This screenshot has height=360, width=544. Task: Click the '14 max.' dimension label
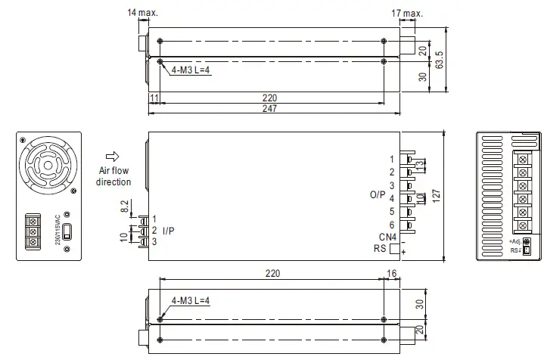pos(143,13)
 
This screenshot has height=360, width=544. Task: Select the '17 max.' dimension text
pos(406,13)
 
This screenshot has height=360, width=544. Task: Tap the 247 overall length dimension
pos(270,109)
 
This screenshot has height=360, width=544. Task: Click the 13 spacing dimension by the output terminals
pos(420,165)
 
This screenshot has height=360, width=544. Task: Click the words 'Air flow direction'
pos(113,176)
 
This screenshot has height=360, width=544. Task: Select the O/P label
pos(378,194)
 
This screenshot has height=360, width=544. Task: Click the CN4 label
pos(386,237)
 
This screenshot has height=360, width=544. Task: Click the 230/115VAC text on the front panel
pos(58,229)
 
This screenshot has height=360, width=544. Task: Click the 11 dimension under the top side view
pos(154,98)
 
